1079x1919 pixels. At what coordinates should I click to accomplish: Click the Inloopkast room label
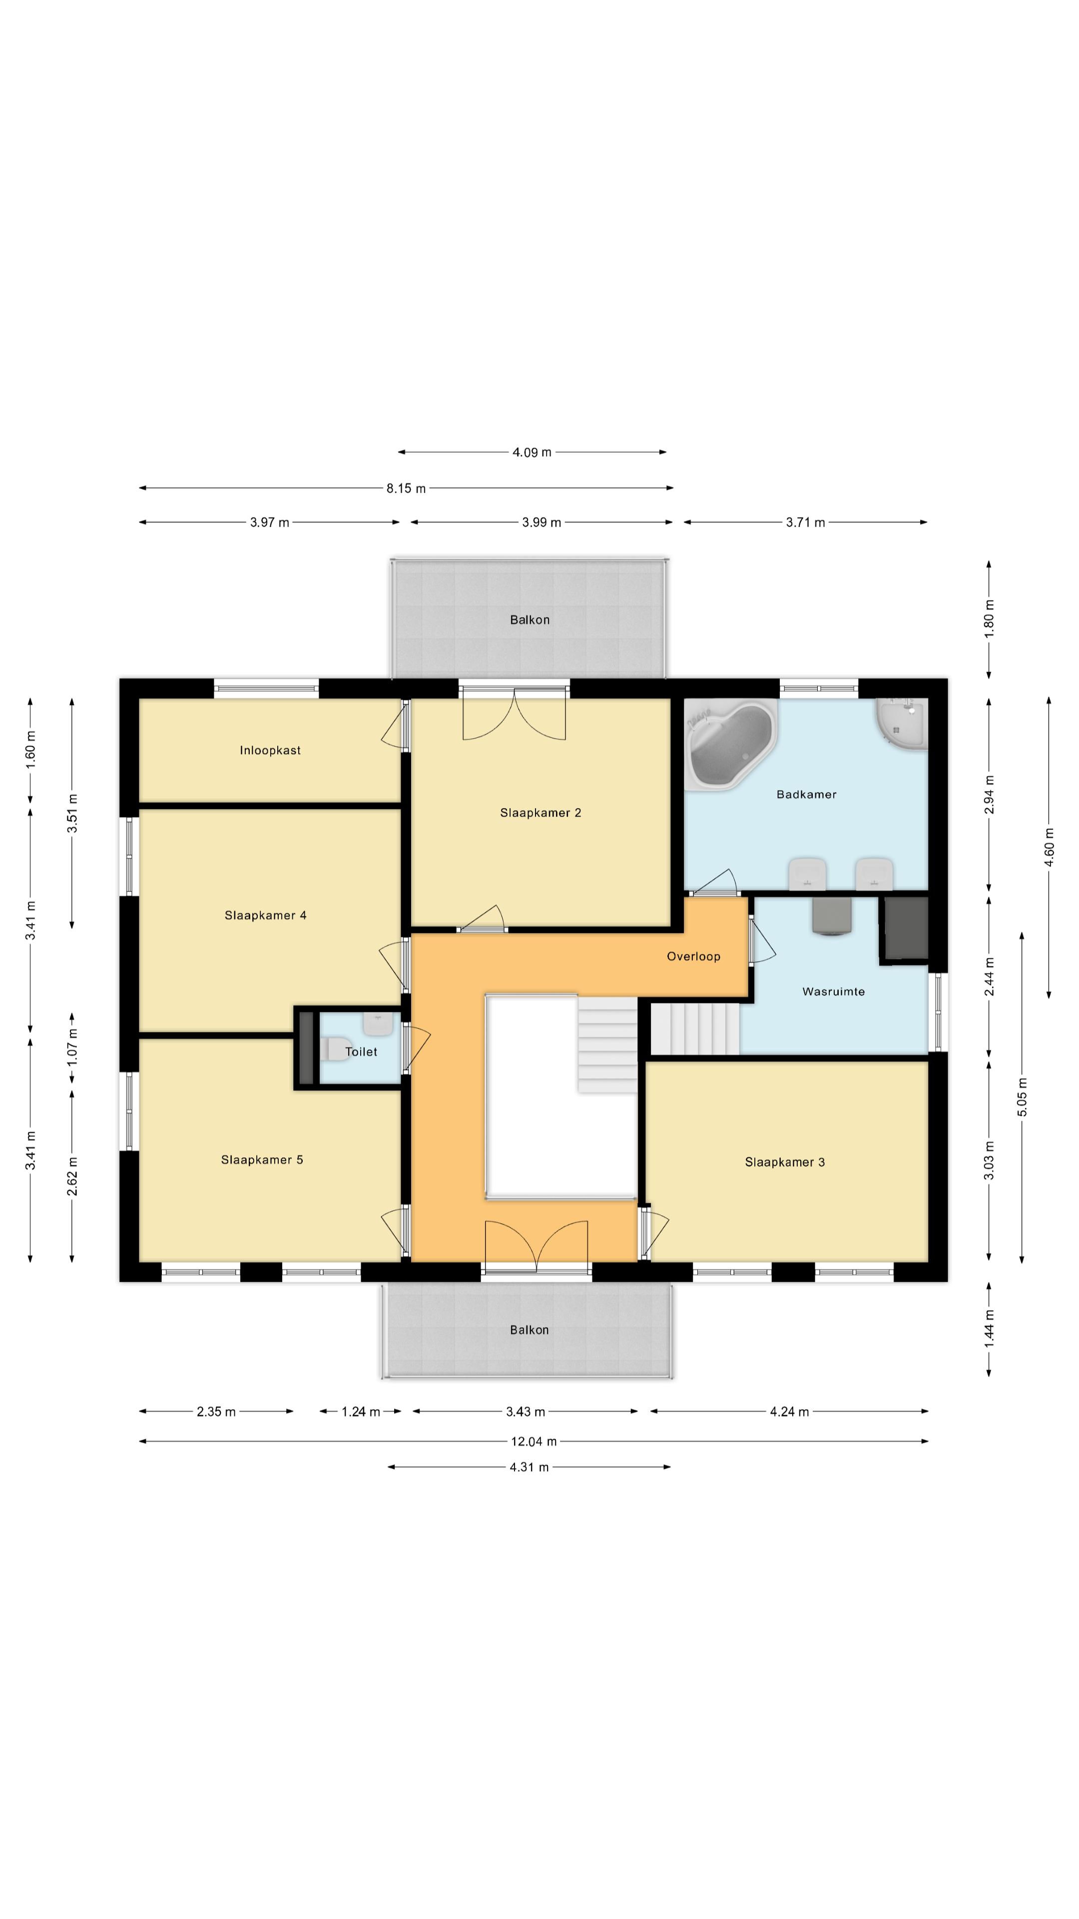pos(270,750)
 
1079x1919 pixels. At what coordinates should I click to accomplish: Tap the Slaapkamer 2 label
pos(540,813)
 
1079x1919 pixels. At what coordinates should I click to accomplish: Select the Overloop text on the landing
pos(693,957)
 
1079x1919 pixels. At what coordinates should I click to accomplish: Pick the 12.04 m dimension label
pos(533,1441)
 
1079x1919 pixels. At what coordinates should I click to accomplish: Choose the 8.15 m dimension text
pos(406,489)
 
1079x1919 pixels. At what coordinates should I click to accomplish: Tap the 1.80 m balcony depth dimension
pos(990,618)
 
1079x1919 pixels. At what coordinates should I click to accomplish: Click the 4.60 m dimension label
pos(1049,847)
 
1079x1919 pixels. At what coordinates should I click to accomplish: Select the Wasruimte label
pos(833,991)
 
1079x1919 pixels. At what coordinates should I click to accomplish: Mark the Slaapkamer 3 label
pos(785,1162)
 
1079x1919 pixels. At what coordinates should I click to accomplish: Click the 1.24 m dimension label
pos(360,1412)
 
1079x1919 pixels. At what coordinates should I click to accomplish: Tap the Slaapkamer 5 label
pos(262,1160)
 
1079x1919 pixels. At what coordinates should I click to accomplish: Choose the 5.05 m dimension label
pos(1023,1097)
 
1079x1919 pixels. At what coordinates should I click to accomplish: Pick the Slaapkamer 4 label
pos(265,916)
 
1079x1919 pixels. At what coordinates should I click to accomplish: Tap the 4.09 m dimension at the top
pos(532,452)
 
